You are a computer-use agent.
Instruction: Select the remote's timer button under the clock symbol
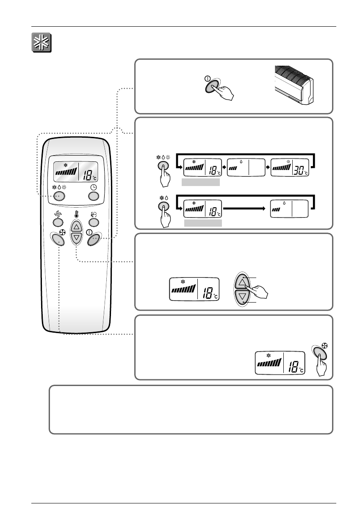(x=94, y=196)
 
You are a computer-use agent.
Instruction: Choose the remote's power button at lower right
(x=94, y=240)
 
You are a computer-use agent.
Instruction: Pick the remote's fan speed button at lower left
(x=58, y=240)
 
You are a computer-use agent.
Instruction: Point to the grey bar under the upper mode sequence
(x=201, y=182)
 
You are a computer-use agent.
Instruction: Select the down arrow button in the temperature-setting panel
(x=242, y=298)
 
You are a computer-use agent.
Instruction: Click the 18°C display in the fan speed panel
(x=280, y=363)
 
